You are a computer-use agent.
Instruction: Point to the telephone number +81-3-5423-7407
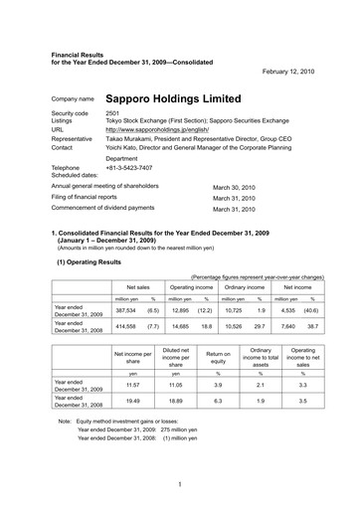click(136, 168)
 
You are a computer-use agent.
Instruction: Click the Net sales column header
click(137, 285)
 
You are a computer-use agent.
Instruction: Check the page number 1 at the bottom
click(179, 485)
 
